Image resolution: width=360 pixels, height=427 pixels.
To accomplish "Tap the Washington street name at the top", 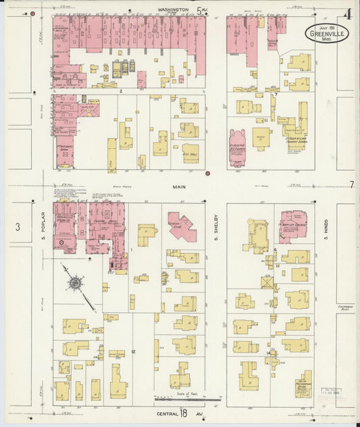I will coord(173,10).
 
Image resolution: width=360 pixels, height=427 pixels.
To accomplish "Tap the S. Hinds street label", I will coord(325,228).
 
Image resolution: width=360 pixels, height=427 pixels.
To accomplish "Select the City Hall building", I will coord(190,153).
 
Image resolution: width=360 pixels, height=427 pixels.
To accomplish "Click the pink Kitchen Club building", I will coord(181,226).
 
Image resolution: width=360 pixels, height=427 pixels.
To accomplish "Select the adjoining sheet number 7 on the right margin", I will coord(351,184).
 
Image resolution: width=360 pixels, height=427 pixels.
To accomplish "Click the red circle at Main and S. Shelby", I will coord(208,174).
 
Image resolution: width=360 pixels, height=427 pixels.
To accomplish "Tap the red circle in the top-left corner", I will coord(32,14).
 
